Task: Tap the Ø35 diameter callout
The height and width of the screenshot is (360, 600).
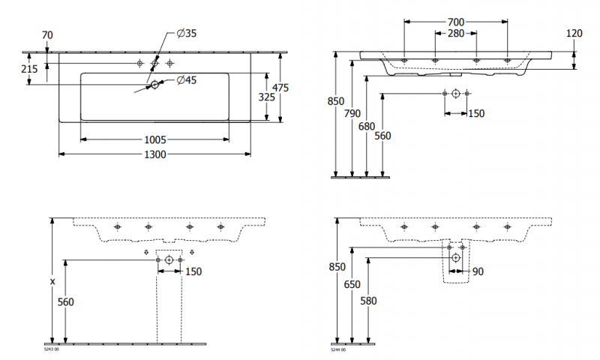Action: click(x=186, y=33)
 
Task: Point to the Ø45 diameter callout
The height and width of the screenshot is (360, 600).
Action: click(x=186, y=80)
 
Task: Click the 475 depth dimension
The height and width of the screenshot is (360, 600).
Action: click(x=280, y=88)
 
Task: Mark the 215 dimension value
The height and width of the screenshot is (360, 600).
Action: click(x=29, y=68)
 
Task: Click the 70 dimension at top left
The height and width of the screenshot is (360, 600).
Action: click(x=46, y=34)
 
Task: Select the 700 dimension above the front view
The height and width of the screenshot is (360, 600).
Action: click(x=456, y=23)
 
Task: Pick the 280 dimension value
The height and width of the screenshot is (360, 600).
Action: click(x=456, y=34)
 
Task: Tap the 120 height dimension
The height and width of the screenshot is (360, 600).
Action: click(x=574, y=34)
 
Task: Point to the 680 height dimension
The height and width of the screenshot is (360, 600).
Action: click(x=366, y=127)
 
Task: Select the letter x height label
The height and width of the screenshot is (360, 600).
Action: click(x=52, y=281)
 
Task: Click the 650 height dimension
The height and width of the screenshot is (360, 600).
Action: click(x=352, y=285)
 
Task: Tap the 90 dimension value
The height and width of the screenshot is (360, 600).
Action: click(x=478, y=271)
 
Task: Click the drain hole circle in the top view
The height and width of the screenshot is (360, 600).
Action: click(x=155, y=85)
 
